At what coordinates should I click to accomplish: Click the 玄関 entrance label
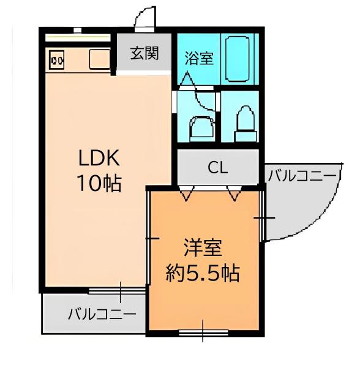(x=144, y=53)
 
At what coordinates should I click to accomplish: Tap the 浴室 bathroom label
(x=198, y=58)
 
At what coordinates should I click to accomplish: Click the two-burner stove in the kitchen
(x=58, y=60)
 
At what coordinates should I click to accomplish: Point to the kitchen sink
(x=99, y=59)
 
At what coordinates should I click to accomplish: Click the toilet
(x=244, y=120)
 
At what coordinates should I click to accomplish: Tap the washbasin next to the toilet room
(x=200, y=125)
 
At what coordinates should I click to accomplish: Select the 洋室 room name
(x=203, y=248)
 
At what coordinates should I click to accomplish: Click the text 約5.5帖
(x=203, y=273)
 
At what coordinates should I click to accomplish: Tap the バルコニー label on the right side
(x=303, y=176)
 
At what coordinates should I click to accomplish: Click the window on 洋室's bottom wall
(x=203, y=333)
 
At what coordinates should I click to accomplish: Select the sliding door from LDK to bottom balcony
(x=119, y=289)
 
